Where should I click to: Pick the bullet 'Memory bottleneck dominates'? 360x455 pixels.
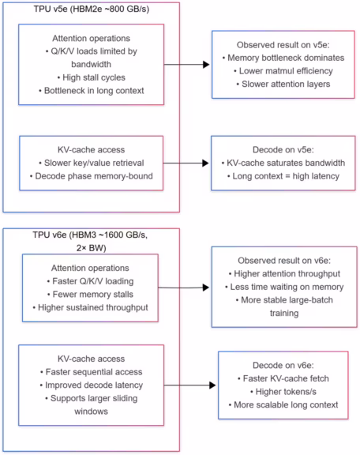pyautogui.click(x=284, y=58)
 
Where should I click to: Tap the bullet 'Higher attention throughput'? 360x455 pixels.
pyautogui.click(x=284, y=273)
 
